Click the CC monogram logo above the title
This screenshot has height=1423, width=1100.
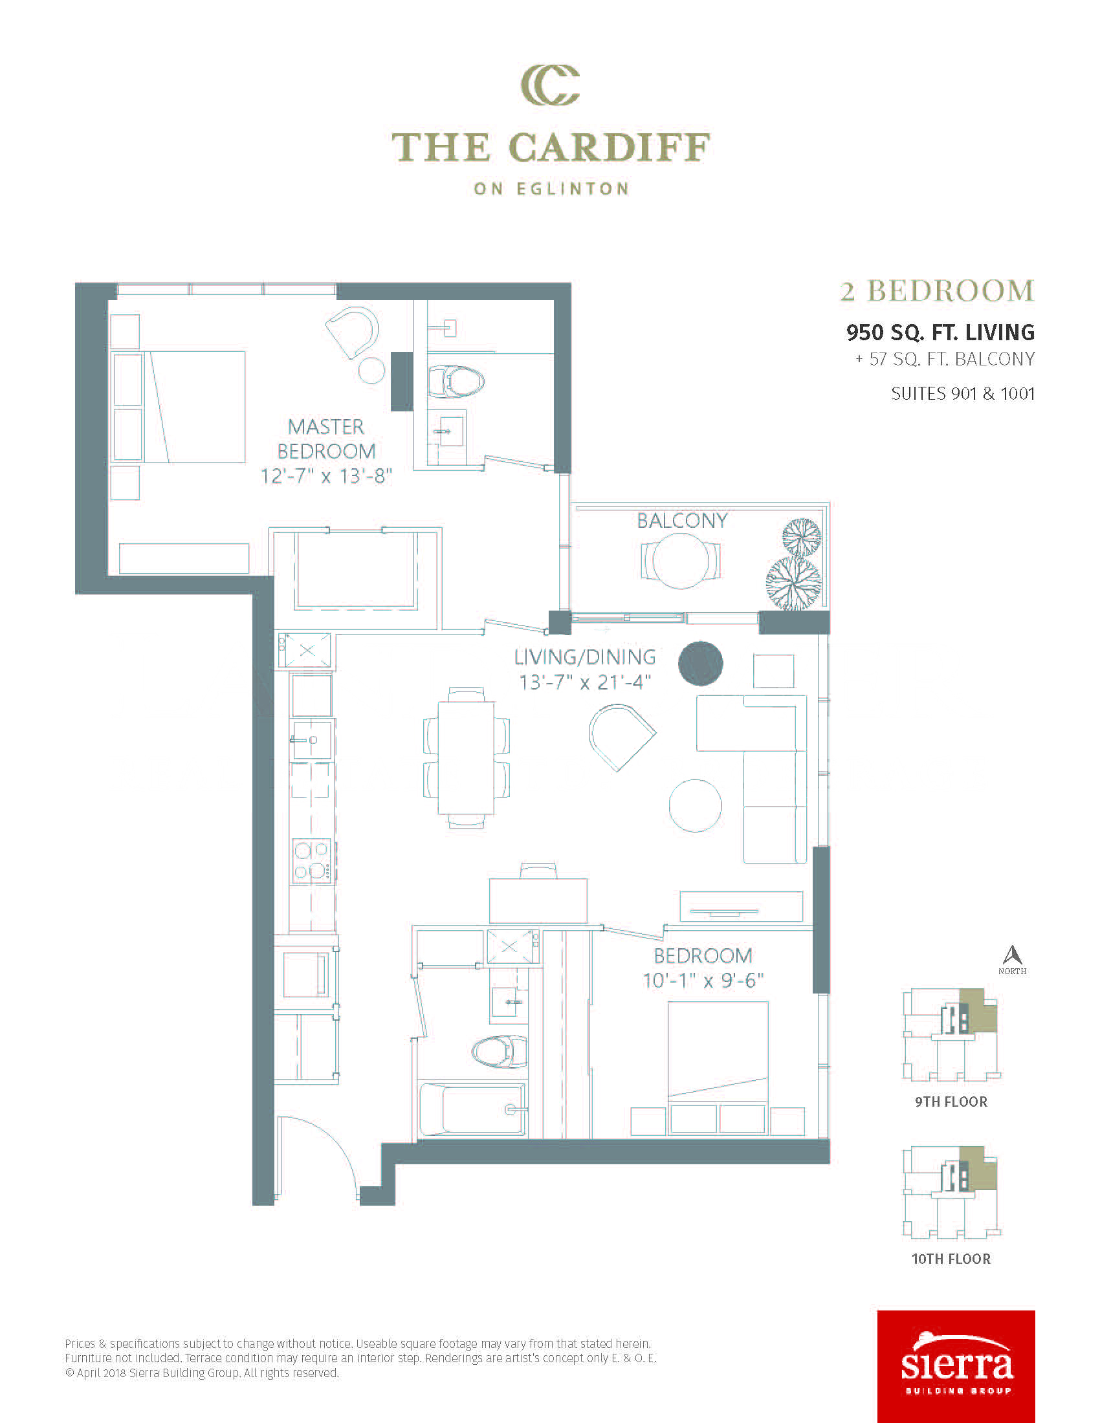click(x=550, y=85)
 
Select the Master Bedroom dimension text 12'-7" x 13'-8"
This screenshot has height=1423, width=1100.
click(x=326, y=476)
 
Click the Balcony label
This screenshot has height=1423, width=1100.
click(x=681, y=521)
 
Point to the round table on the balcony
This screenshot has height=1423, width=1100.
click(x=681, y=561)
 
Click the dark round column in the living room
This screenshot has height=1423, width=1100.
click(x=701, y=663)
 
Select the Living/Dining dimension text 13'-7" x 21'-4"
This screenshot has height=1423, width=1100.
click(x=584, y=682)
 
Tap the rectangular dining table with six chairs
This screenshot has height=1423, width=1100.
click(x=466, y=757)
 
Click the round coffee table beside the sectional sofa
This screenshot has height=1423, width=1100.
click(x=696, y=805)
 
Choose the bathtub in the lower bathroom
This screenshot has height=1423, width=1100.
click(x=472, y=1109)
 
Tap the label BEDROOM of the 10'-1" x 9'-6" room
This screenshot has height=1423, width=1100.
click(x=703, y=956)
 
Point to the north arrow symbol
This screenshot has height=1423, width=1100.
click(x=1012, y=956)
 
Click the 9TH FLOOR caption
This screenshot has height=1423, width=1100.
click(x=951, y=1102)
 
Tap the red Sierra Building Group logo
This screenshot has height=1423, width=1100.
click(x=956, y=1366)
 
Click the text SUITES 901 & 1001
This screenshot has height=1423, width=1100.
click(x=963, y=393)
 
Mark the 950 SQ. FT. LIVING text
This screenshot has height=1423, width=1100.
click(x=940, y=332)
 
